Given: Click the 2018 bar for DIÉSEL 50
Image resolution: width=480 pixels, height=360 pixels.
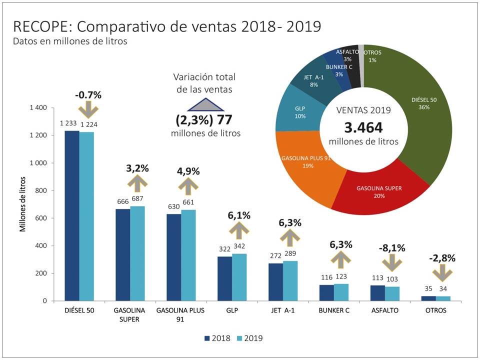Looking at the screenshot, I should click(72, 215).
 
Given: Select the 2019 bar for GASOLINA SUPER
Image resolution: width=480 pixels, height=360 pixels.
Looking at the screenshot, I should click(137, 253).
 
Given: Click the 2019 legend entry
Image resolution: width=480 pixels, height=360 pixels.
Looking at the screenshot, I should click(249, 338).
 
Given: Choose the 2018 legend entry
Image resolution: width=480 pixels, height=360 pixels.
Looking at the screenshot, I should click(217, 338).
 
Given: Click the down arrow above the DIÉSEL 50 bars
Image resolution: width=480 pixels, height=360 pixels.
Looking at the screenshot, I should click(87, 108).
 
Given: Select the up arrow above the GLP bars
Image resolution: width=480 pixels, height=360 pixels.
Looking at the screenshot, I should click(239, 230).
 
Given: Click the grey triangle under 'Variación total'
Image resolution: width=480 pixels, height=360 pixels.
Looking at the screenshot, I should click(205, 103).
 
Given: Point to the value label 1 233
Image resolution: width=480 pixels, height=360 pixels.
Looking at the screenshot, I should click(69, 123).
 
